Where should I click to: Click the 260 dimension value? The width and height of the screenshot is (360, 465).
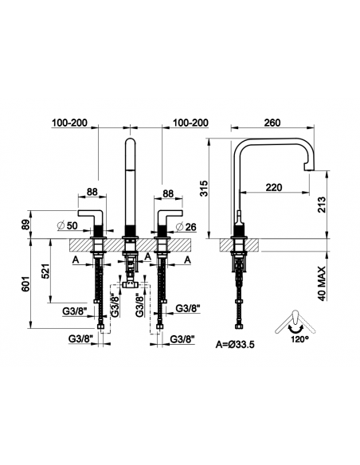click(272, 123)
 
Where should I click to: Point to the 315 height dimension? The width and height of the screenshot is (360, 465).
click(205, 189)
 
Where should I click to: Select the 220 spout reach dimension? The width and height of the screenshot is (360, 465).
click(274, 187)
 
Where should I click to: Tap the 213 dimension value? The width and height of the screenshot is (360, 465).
click(322, 205)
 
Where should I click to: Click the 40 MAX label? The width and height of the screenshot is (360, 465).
click(322, 283)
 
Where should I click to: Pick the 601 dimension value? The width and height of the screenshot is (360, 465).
click(25, 283)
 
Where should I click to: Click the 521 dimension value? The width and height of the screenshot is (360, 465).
click(45, 272)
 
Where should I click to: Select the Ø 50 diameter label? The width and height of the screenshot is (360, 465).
click(68, 225)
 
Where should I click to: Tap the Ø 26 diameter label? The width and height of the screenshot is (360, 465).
click(186, 227)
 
